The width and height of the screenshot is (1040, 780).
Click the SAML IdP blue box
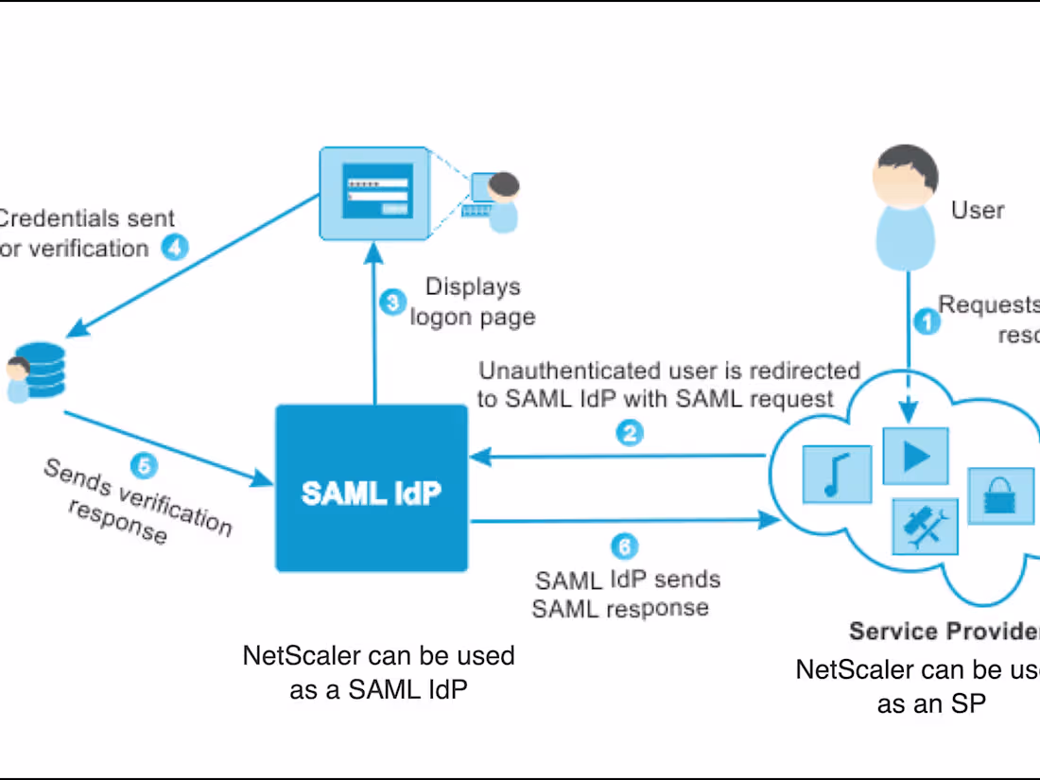coord(372,489)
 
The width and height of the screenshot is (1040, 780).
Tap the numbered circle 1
coord(927,322)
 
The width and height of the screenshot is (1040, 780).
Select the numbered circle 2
coord(631,433)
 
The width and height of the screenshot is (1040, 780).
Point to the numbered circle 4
coord(174,248)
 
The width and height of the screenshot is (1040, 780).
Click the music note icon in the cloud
coord(836,475)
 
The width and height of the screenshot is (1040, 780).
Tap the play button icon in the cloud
coord(914,456)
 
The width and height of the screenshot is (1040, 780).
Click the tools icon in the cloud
coord(926,526)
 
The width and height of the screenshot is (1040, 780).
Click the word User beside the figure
coord(978,210)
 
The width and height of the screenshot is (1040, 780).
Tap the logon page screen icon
coord(376,193)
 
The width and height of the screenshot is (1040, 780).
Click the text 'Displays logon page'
coord(472,302)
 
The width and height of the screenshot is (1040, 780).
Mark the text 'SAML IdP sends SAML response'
coord(620,593)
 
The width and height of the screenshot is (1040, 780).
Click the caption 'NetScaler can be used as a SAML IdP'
coord(378,672)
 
